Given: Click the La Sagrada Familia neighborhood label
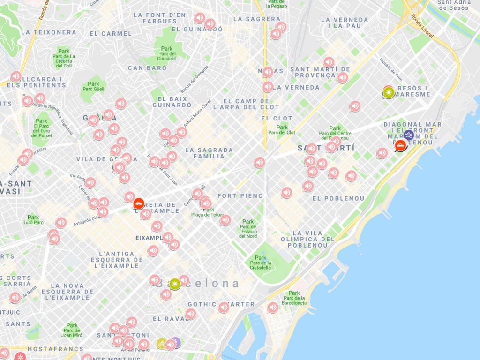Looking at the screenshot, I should click(209, 153).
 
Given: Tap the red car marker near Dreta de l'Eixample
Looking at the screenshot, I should click(138, 203).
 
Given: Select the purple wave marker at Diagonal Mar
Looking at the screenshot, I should click(409, 135).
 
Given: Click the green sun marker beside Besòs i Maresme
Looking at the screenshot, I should click(389, 92).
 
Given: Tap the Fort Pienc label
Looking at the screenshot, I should click(240, 195).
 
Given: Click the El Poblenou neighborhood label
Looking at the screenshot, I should click(338, 198).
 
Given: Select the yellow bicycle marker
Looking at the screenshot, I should click(162, 344).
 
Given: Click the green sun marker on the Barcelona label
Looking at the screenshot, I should click(175, 283).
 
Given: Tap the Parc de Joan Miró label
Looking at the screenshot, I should click(72, 330).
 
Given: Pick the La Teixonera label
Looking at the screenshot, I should click(49, 32).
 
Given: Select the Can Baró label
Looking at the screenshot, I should click(147, 68).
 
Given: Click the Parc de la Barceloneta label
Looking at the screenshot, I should click(294, 298).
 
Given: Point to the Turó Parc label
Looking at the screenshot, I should click(33, 220).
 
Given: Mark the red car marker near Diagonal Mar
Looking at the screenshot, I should click(400, 145).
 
